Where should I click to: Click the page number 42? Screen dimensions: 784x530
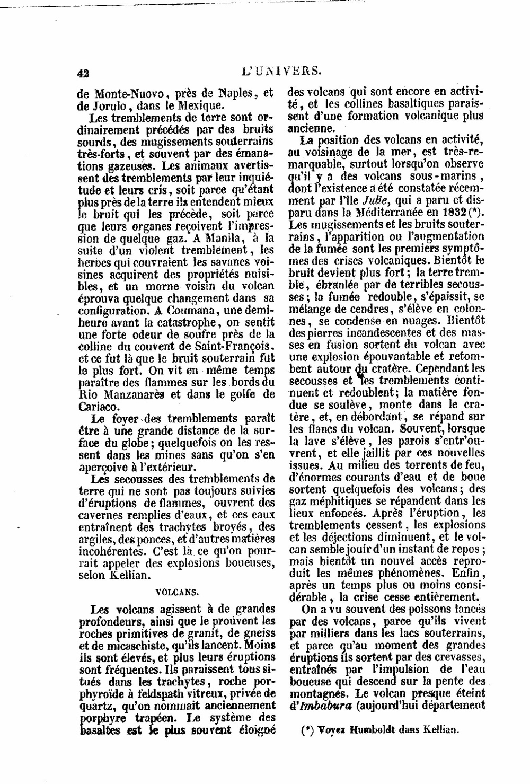[83, 74]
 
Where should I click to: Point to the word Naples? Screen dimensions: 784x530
[226, 93]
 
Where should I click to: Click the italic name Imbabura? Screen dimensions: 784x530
[323, 706]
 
